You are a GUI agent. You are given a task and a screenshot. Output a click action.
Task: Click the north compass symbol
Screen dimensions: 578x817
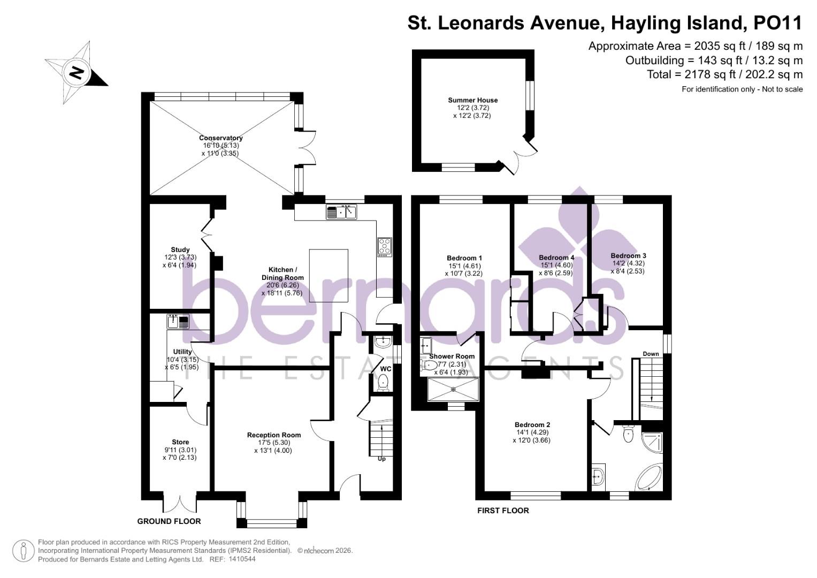[x=77, y=72]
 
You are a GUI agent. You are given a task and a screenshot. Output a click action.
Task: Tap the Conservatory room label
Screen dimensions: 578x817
[x=220, y=138]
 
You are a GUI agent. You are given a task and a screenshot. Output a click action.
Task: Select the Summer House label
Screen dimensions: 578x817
[x=472, y=100]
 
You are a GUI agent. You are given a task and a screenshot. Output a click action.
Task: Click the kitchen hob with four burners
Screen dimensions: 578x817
[x=385, y=246]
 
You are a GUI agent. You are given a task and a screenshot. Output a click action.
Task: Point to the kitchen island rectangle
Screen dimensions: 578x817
[x=329, y=276]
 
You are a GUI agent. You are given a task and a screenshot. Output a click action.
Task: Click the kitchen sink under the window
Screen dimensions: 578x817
[x=342, y=212]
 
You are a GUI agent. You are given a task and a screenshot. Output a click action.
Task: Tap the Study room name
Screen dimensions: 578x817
[x=180, y=249]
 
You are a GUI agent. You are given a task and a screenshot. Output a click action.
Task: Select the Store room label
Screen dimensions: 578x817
[x=180, y=442]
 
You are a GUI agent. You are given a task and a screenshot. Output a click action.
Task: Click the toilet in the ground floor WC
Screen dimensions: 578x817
[x=383, y=382]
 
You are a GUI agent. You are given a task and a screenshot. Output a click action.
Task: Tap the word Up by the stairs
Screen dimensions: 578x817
[x=381, y=459]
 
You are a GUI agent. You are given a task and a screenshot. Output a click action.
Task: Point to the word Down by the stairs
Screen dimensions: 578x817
[x=651, y=354]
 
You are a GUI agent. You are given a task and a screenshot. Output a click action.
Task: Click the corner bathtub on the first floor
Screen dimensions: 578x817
[x=648, y=476]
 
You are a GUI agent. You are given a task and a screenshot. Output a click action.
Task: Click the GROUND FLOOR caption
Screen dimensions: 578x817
[x=169, y=521]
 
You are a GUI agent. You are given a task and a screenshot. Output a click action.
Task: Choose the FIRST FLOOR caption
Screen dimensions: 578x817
[x=503, y=511]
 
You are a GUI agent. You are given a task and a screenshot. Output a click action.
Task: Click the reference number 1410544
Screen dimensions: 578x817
[x=242, y=559]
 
